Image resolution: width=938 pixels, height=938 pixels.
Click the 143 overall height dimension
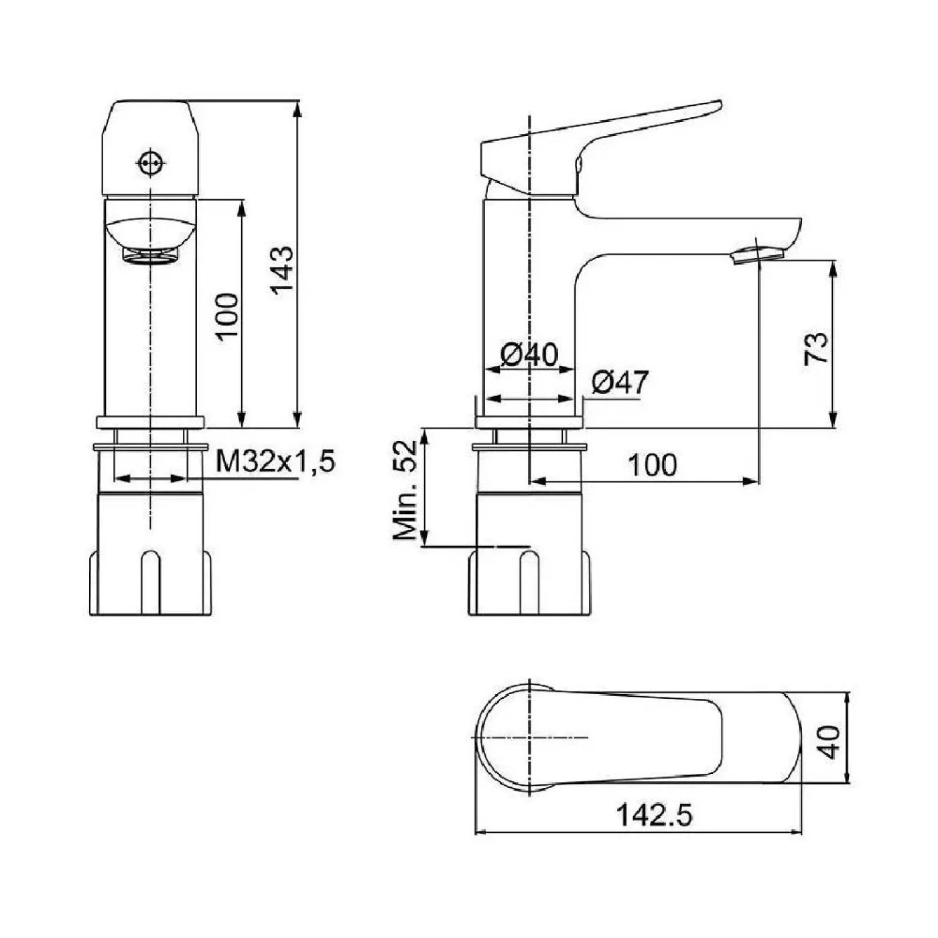[282, 270]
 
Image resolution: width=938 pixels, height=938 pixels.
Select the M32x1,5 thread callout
[275, 461]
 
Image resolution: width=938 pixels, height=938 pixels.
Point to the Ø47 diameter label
[620, 383]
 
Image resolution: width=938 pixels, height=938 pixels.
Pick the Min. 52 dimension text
[405, 490]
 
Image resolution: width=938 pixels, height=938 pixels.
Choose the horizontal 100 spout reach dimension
[653, 466]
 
